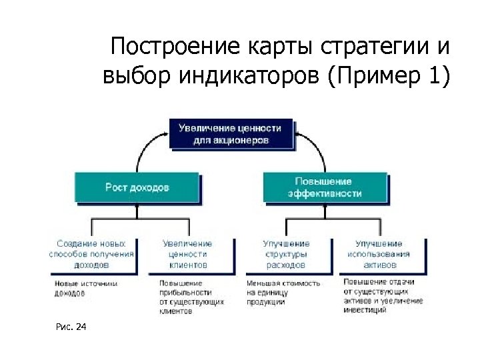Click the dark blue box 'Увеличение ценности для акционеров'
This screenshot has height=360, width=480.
231,134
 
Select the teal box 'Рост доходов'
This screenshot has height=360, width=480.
137,187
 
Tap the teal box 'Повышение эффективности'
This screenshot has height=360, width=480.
325,187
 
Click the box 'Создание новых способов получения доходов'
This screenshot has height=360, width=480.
91,254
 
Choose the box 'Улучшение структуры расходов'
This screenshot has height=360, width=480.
286,254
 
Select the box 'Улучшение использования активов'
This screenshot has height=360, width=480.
379,254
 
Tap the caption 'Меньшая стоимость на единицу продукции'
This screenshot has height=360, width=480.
283,292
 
